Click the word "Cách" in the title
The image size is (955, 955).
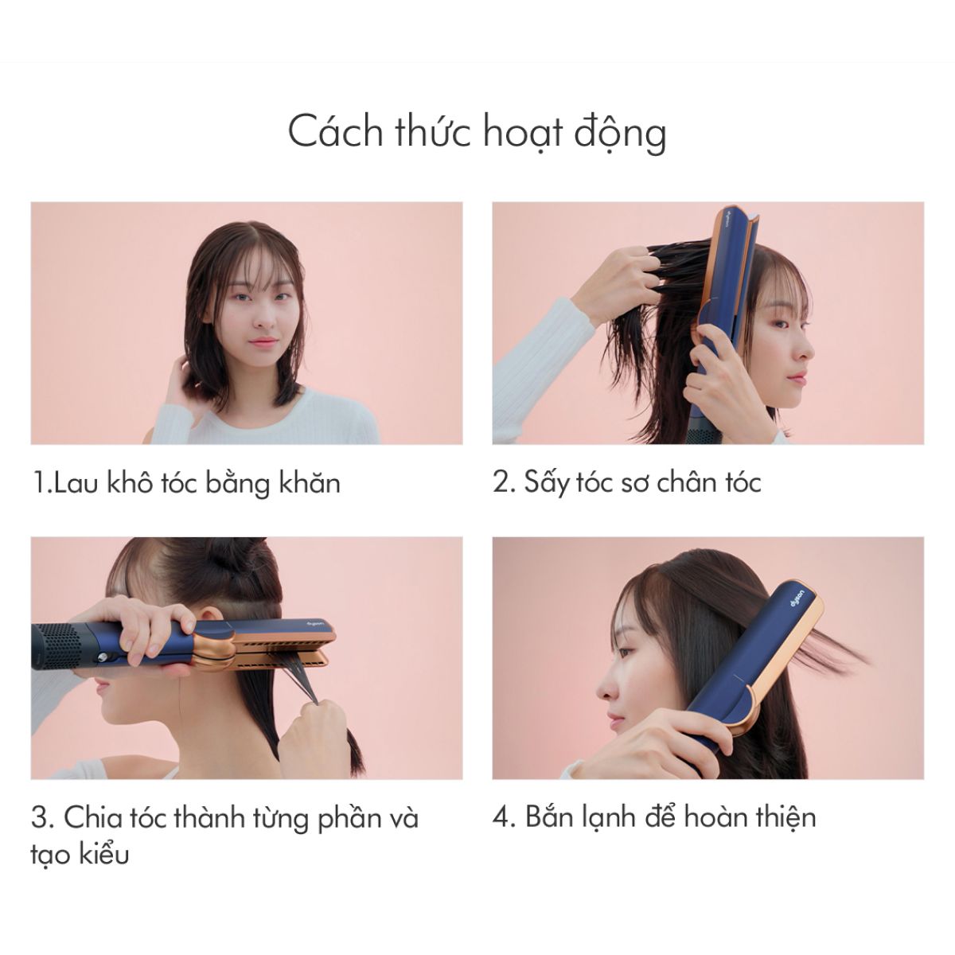point(335,132)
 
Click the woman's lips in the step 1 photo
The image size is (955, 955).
point(263,341)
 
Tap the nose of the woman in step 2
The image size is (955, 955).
point(806,349)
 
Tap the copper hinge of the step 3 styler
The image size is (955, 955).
point(215,647)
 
